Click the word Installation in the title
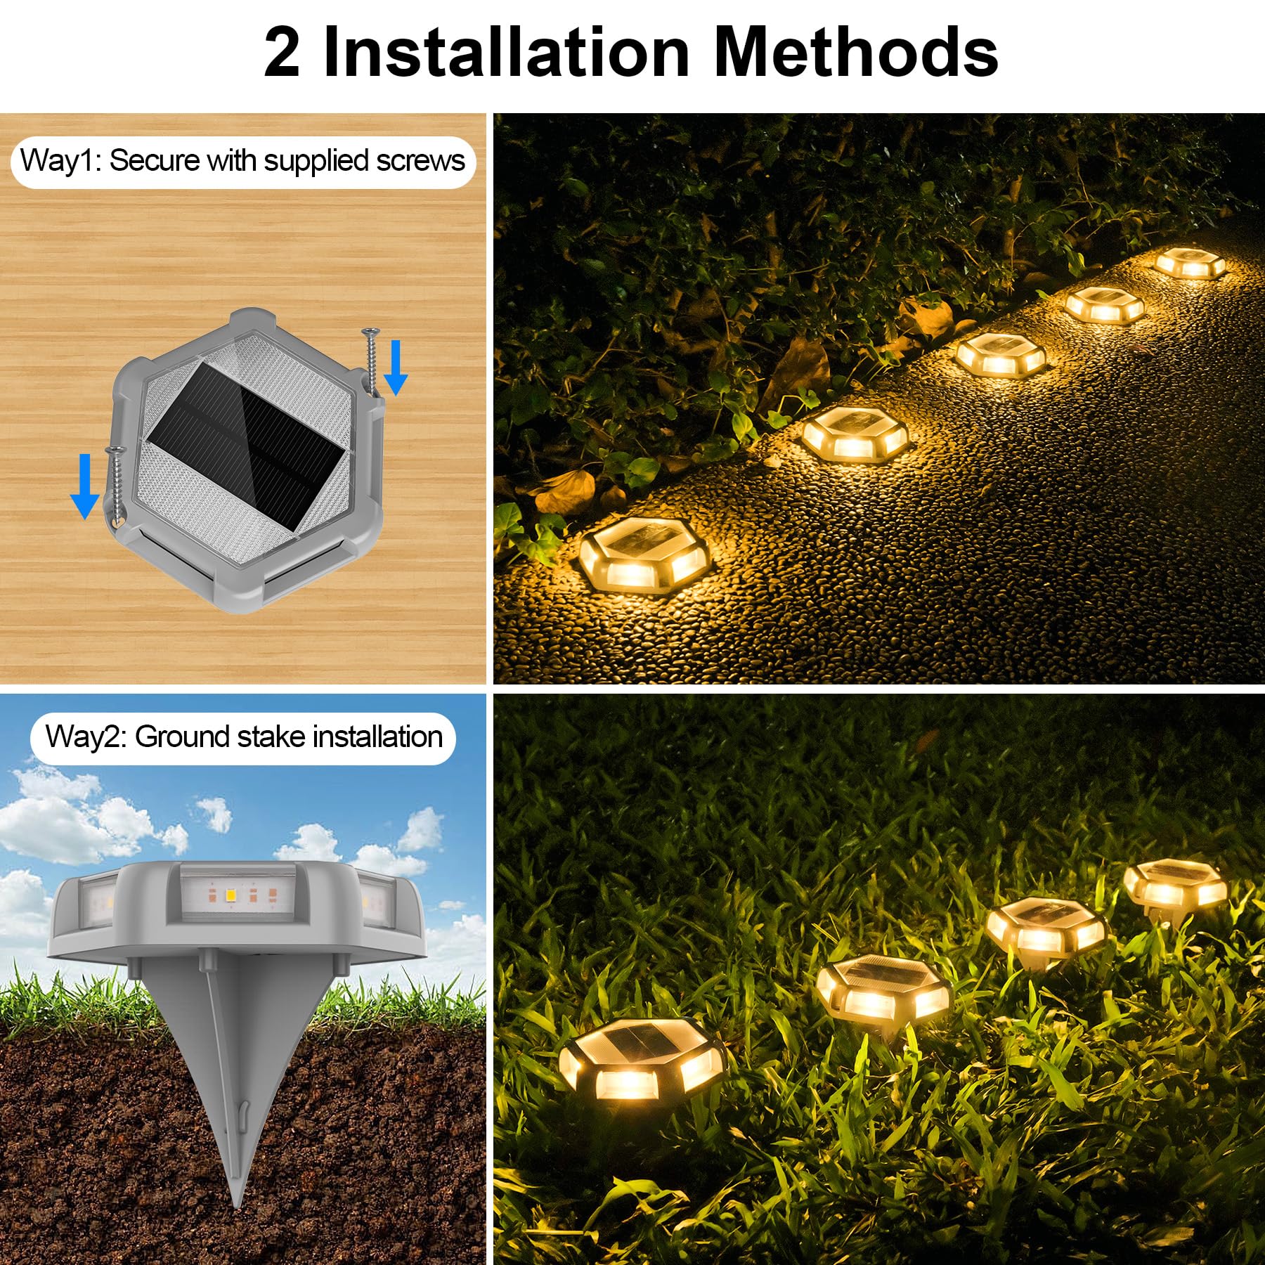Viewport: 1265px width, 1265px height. pyautogui.click(x=506, y=53)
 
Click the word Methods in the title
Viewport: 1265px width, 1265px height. pyautogui.click(x=855, y=53)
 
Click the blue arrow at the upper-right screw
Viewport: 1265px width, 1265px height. pyautogui.click(x=396, y=367)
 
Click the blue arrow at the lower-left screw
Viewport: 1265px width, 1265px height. pyautogui.click(x=85, y=486)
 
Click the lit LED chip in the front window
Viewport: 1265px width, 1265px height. pyautogui.click(x=229, y=895)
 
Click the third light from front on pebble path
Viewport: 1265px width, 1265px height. pyautogui.click(x=1000, y=353)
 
